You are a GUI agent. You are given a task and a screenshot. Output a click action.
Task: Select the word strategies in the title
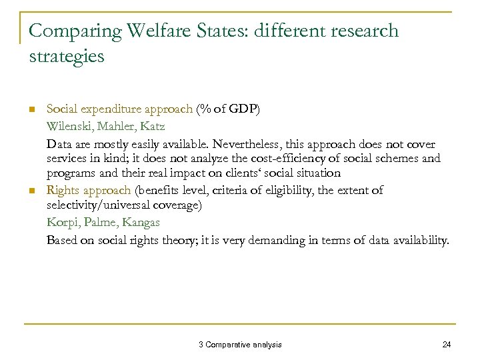(67, 56)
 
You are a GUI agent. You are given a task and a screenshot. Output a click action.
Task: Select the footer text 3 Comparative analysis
(240, 344)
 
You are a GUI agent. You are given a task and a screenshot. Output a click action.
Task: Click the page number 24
(446, 344)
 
